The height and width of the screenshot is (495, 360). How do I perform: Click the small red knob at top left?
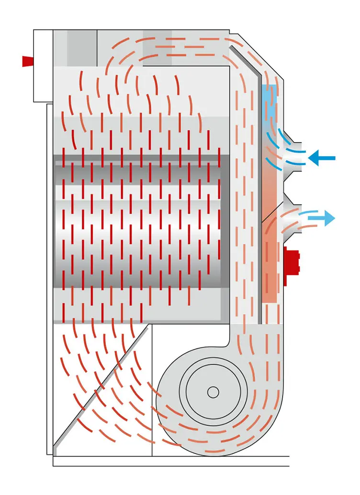tap(28, 61)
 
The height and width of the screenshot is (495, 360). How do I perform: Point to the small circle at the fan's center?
tap(213, 392)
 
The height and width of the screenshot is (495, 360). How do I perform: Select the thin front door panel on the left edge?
tap(49, 278)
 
